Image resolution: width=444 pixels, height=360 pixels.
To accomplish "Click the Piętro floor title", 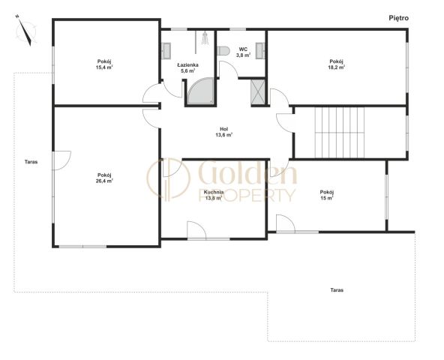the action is (x=399, y=18).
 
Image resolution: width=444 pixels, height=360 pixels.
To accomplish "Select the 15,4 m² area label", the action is (x=105, y=67).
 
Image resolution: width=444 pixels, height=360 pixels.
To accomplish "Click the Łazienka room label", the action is (x=187, y=64).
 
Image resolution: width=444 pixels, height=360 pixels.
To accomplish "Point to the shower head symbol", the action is (x=204, y=38).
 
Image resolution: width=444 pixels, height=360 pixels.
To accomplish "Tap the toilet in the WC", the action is (x=223, y=51).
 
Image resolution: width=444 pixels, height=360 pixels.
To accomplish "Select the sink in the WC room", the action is (x=260, y=51).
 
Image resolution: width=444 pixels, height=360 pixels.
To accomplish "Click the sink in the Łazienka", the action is (x=166, y=51).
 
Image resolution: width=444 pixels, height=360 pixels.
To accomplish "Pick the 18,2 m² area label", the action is (x=337, y=67).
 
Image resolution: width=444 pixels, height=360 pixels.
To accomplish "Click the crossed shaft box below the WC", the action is (x=258, y=92).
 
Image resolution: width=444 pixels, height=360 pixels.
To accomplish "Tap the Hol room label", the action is (x=223, y=129).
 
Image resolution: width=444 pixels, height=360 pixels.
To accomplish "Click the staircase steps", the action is (x=340, y=132).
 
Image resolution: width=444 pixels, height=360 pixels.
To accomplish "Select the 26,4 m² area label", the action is (x=105, y=181).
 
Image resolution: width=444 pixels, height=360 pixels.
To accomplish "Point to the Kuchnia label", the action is (x=214, y=192).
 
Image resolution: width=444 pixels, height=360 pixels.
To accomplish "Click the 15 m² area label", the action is (x=327, y=198).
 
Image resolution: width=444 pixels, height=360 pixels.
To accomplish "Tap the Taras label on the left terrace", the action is (x=31, y=162).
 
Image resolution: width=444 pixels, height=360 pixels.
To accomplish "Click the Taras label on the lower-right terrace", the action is (x=337, y=290).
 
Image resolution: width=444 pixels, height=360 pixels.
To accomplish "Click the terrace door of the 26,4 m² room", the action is (x=61, y=160).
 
